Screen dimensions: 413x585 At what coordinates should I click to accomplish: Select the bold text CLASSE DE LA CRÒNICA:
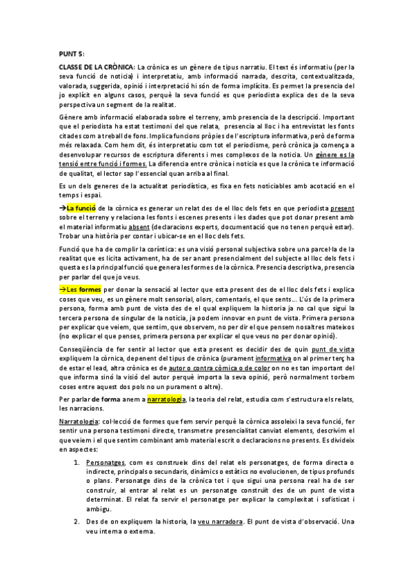click(97, 66)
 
